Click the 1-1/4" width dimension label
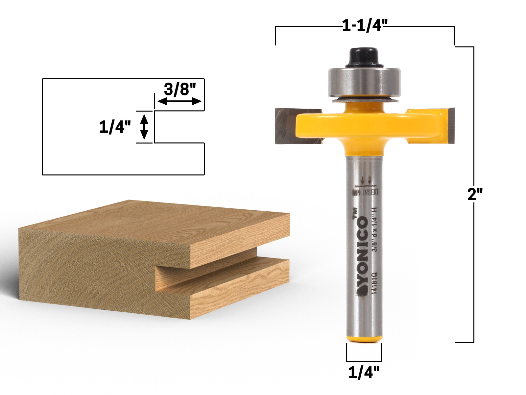(365, 25)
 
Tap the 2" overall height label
(475, 195)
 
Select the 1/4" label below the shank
(364, 373)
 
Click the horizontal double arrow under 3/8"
(179, 101)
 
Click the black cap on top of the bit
(364, 57)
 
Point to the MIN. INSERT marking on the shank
(366, 192)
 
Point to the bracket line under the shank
(364, 361)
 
